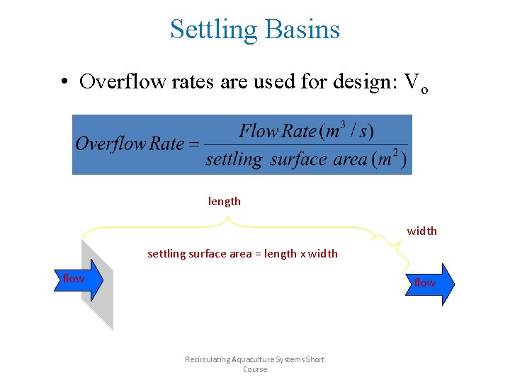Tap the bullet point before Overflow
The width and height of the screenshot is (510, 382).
point(64,82)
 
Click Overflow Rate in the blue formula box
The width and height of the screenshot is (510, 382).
point(130,144)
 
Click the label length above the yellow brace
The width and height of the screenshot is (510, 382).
point(225,202)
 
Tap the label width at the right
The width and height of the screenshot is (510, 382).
point(421,231)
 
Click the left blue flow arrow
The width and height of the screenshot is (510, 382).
point(78,279)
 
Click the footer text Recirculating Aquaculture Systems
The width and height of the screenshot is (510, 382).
point(254,359)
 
